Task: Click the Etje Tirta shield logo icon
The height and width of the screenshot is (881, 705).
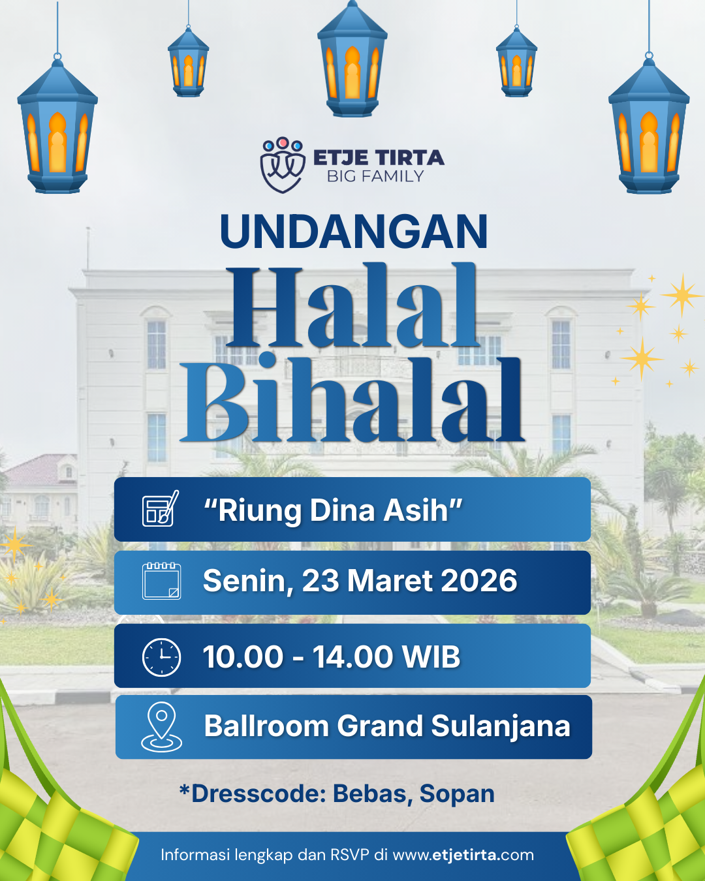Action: pyautogui.click(x=283, y=164)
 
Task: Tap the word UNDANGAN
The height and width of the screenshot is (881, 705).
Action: pyautogui.click(x=354, y=231)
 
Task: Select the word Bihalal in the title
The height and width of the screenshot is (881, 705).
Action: pyautogui.click(x=352, y=397)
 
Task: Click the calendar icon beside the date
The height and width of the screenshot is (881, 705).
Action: pyautogui.click(x=161, y=581)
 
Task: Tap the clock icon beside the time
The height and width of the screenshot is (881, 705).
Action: pyautogui.click(x=161, y=657)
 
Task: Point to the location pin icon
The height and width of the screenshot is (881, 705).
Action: pyautogui.click(x=161, y=727)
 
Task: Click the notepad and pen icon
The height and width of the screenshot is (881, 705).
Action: pyautogui.click(x=161, y=508)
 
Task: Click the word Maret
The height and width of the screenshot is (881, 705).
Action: pyautogui.click(x=390, y=581)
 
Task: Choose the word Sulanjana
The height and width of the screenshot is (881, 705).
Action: pyautogui.click(x=501, y=726)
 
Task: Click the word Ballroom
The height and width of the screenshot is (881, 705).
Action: pyautogui.click(x=266, y=726)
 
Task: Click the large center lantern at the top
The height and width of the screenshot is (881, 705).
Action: pyautogui.click(x=352, y=59)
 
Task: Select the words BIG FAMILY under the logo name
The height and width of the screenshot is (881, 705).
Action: pyautogui.click(x=375, y=176)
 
